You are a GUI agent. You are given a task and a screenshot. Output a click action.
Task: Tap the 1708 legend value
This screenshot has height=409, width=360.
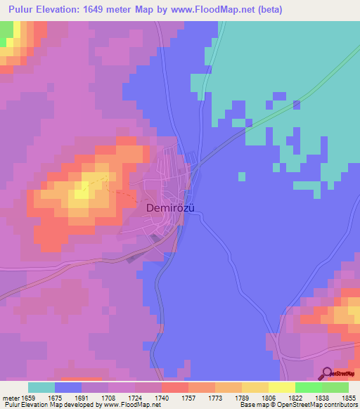tap(122, 397)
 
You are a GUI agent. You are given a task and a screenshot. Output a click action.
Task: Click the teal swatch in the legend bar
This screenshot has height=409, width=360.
tap(41, 387)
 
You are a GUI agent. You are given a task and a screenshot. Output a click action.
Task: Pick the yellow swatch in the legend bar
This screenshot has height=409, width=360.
tap(282, 387)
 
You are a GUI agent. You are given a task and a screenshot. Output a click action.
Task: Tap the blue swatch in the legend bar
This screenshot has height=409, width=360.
tap(68, 387)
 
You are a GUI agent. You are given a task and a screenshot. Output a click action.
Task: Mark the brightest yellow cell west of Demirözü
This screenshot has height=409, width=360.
tap(84, 186)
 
